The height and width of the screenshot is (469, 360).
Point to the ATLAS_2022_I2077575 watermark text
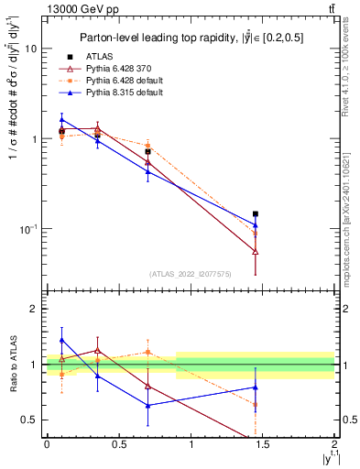pos(191,274)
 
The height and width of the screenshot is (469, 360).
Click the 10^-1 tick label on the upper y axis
pos(27,228)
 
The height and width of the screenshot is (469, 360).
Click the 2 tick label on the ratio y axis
pos(35,309)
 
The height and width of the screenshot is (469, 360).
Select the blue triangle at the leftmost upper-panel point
pos(61,119)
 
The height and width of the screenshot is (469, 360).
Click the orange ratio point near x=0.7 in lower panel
pos(147,352)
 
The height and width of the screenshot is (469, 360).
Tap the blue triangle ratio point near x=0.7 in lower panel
pos(147,405)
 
